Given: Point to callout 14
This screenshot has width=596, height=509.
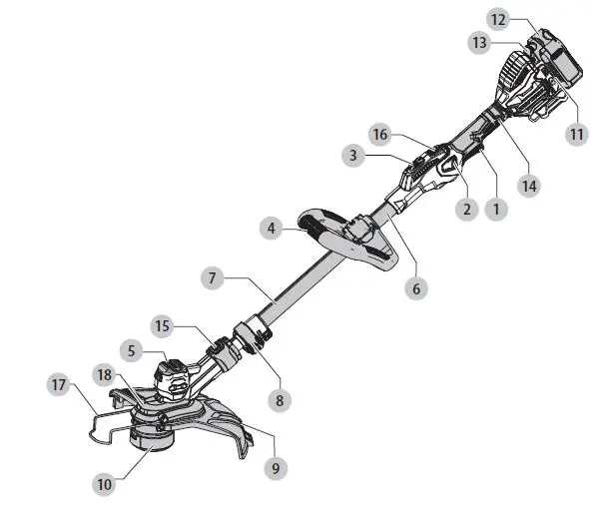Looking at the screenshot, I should (528, 186).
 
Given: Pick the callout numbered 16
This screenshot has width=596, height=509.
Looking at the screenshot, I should (378, 132).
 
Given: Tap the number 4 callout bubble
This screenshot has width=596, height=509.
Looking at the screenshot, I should (272, 229).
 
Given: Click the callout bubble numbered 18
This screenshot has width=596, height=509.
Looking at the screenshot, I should (105, 374).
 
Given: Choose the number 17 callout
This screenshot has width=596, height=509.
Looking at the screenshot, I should (58, 384).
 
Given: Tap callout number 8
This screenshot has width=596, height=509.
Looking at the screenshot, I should (280, 400).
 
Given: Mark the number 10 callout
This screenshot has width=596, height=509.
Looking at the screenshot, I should (105, 484).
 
